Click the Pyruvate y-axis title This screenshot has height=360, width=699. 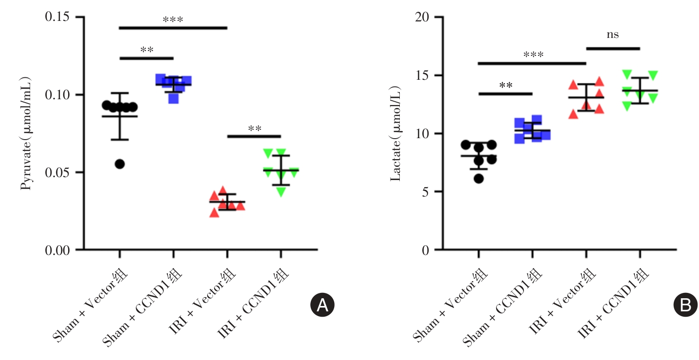(x=26, y=132)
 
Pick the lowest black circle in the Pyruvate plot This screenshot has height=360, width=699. (x=120, y=164)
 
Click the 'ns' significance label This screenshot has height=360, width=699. (x=612, y=35)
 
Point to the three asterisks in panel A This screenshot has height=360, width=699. (x=173, y=20)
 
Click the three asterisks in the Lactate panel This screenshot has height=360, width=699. (x=533, y=55)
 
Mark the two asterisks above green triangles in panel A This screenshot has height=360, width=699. (x=254, y=129)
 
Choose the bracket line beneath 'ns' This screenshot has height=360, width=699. (x=613, y=48)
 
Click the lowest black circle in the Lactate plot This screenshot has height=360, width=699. (x=479, y=179)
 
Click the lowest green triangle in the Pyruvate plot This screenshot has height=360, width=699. (x=281, y=192)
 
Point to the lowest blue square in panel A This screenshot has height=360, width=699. (x=173, y=99)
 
